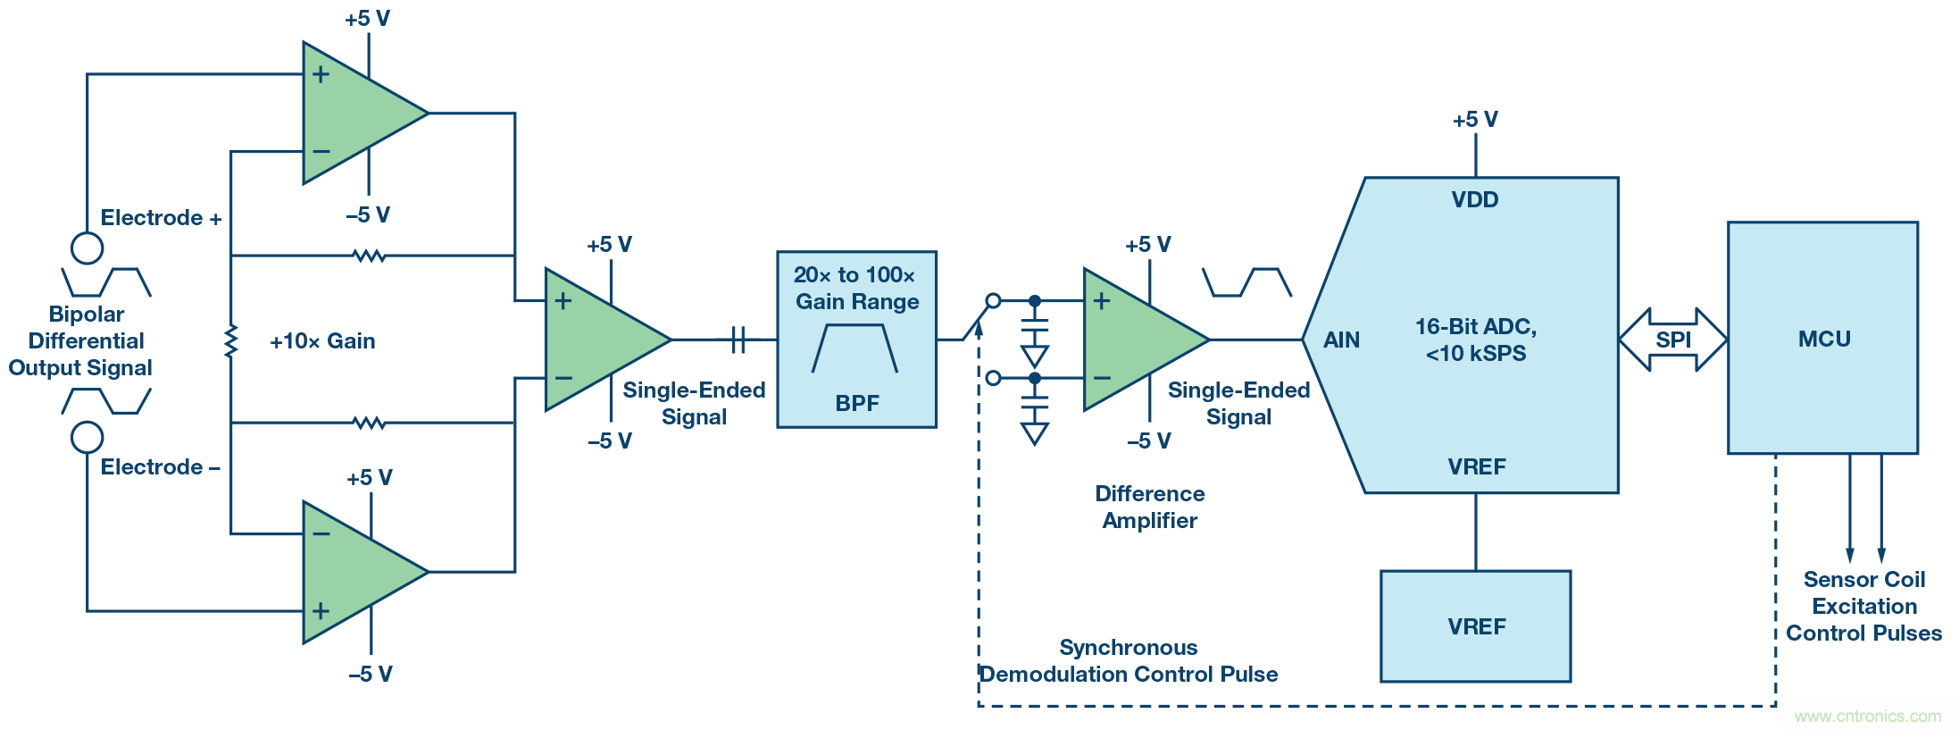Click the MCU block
tap(1822, 338)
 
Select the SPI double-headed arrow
tap(1672, 340)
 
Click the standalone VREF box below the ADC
tap(1475, 626)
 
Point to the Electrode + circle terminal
tap(87, 248)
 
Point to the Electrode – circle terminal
tap(87, 438)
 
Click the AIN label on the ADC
tap(1341, 340)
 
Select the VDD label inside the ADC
tap(1474, 199)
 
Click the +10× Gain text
tap(322, 340)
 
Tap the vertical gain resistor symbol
tap(231, 340)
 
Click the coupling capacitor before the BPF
tap(738, 340)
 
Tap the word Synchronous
tap(1128, 647)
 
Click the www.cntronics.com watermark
tap(1867, 716)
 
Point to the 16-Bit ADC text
tap(1475, 327)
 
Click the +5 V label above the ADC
tap(1474, 120)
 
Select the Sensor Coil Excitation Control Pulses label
tap(1863, 606)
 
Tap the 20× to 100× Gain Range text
tap(855, 288)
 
